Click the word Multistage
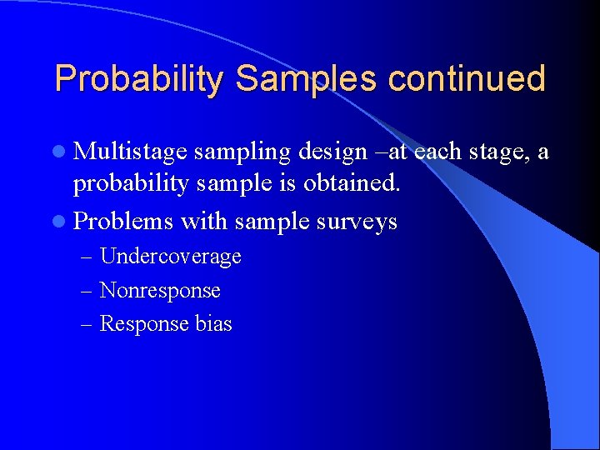click(x=130, y=152)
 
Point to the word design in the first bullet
click(x=331, y=152)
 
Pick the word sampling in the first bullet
click(x=241, y=152)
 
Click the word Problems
click(x=123, y=221)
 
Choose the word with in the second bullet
click(x=202, y=221)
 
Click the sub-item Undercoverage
click(x=170, y=257)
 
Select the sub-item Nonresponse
click(x=160, y=291)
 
